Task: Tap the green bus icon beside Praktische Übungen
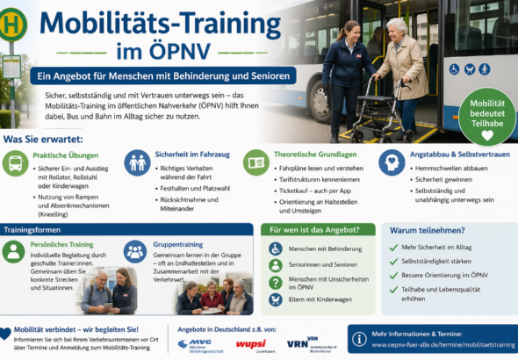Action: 15,163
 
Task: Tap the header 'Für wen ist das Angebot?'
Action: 309,229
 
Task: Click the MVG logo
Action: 193,342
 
